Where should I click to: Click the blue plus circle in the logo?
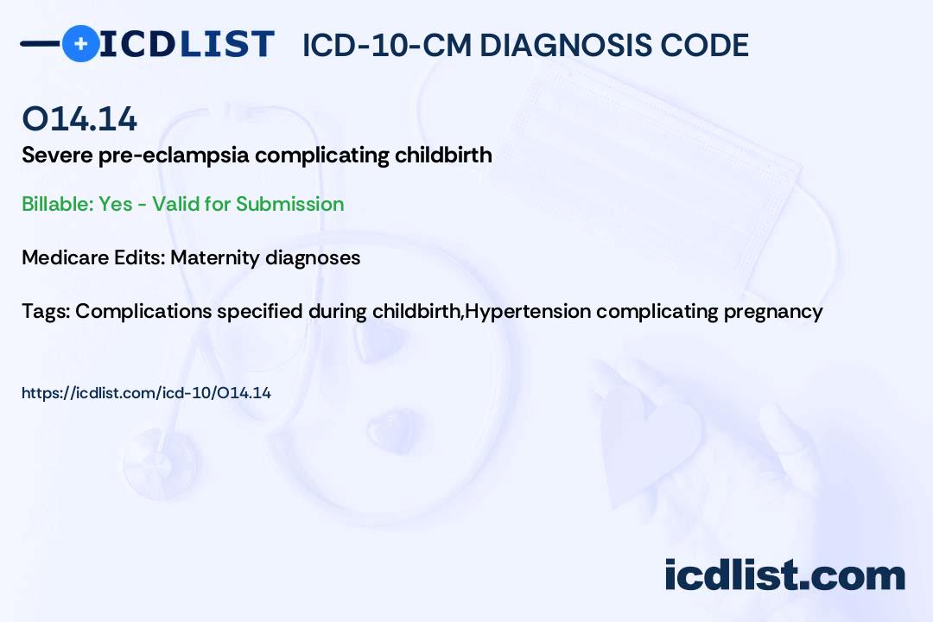[81, 43]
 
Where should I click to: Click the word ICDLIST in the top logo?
[187, 44]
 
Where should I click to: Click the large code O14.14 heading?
[79, 118]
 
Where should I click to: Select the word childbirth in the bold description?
[443, 155]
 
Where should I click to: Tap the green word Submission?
[289, 204]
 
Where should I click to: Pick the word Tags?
[46, 312]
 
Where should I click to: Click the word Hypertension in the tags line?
[527, 312]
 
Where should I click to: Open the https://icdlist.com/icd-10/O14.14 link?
[146, 393]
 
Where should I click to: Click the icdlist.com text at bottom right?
[784, 575]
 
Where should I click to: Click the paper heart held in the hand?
[649, 441]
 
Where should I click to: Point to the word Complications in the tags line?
[143, 312]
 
